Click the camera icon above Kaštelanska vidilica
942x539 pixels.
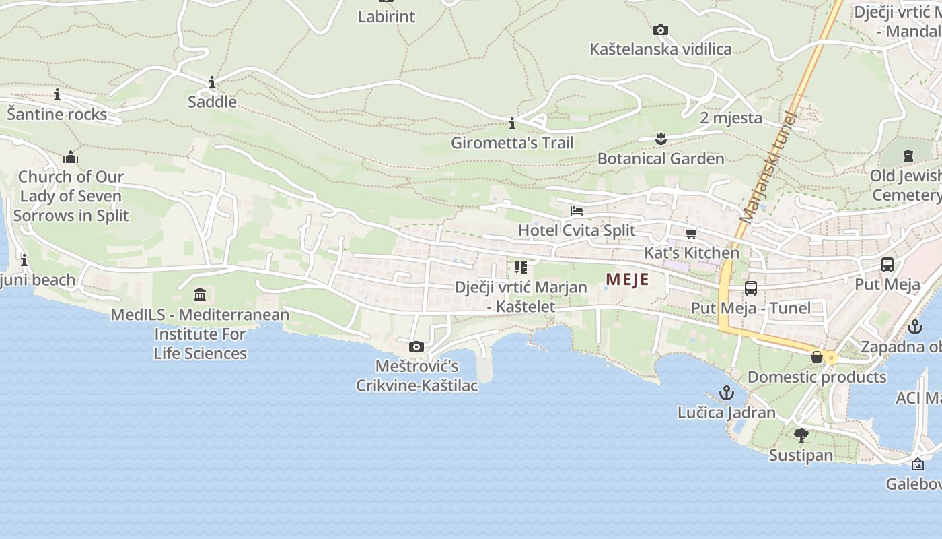click(x=661, y=30)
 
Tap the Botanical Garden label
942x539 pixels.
click(x=661, y=159)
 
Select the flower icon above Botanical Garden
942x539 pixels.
click(x=661, y=139)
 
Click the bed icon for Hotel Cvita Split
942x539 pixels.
click(x=577, y=211)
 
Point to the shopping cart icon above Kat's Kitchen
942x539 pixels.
click(x=691, y=234)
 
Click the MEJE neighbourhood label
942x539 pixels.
click(x=627, y=279)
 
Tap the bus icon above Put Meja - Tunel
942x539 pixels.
click(x=751, y=288)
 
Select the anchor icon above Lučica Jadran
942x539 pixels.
click(x=727, y=392)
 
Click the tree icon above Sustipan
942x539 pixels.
click(x=801, y=435)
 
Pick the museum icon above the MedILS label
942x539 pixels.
click(x=200, y=294)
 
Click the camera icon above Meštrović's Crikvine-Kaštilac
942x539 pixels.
click(x=416, y=346)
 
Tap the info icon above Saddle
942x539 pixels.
click(x=212, y=82)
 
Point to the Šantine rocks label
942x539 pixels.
click(x=57, y=115)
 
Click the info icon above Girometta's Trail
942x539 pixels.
click(x=512, y=123)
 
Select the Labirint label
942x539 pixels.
click(x=386, y=17)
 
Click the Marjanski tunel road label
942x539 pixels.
click(x=768, y=166)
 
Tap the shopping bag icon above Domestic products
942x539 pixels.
click(x=817, y=357)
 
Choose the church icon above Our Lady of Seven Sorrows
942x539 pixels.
click(x=71, y=158)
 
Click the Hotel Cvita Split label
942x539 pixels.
click(x=577, y=230)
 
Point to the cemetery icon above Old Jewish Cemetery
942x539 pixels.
click(x=908, y=156)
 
